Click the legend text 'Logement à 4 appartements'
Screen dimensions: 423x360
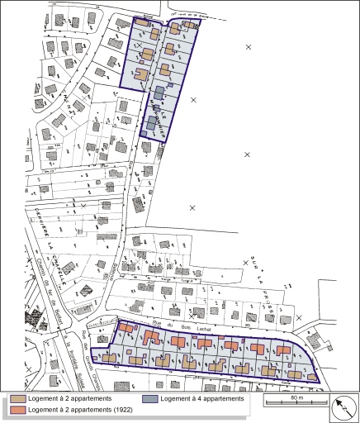click(203, 399)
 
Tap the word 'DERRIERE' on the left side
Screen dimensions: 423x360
click(39, 207)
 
